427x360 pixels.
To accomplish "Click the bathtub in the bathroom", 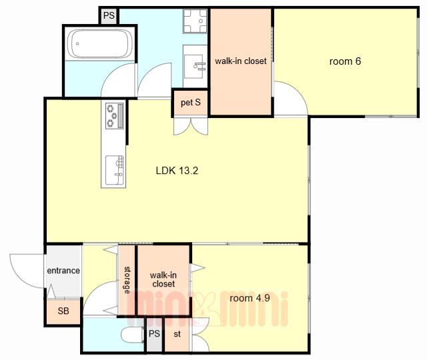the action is pos(100,43).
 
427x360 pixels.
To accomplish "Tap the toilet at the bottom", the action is pos(132,335).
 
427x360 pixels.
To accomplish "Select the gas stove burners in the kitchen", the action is pos(114,116).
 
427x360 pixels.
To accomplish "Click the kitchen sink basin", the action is pos(114,170).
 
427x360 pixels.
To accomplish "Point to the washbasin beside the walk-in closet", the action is pos(195,67).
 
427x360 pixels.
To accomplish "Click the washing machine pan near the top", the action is pos(195,21).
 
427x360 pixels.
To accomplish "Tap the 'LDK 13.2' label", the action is pos(177,171).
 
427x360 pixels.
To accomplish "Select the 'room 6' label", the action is pos(345,61).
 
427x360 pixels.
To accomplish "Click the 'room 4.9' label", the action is pos(250,298).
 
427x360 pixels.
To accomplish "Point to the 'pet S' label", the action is pos(191,103).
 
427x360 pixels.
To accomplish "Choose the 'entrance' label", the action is pos(63,271).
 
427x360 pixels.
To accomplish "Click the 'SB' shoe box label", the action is pos(63,311).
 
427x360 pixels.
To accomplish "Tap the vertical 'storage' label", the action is pos(127,280).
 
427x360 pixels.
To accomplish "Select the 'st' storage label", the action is pos(177,333).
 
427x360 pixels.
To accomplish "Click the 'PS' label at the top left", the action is pos(109,15).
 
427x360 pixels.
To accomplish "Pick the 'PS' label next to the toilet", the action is pos(154,333).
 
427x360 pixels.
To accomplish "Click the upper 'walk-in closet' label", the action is pos(241,61).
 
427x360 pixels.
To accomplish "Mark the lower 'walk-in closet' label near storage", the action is pos(163,279).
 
